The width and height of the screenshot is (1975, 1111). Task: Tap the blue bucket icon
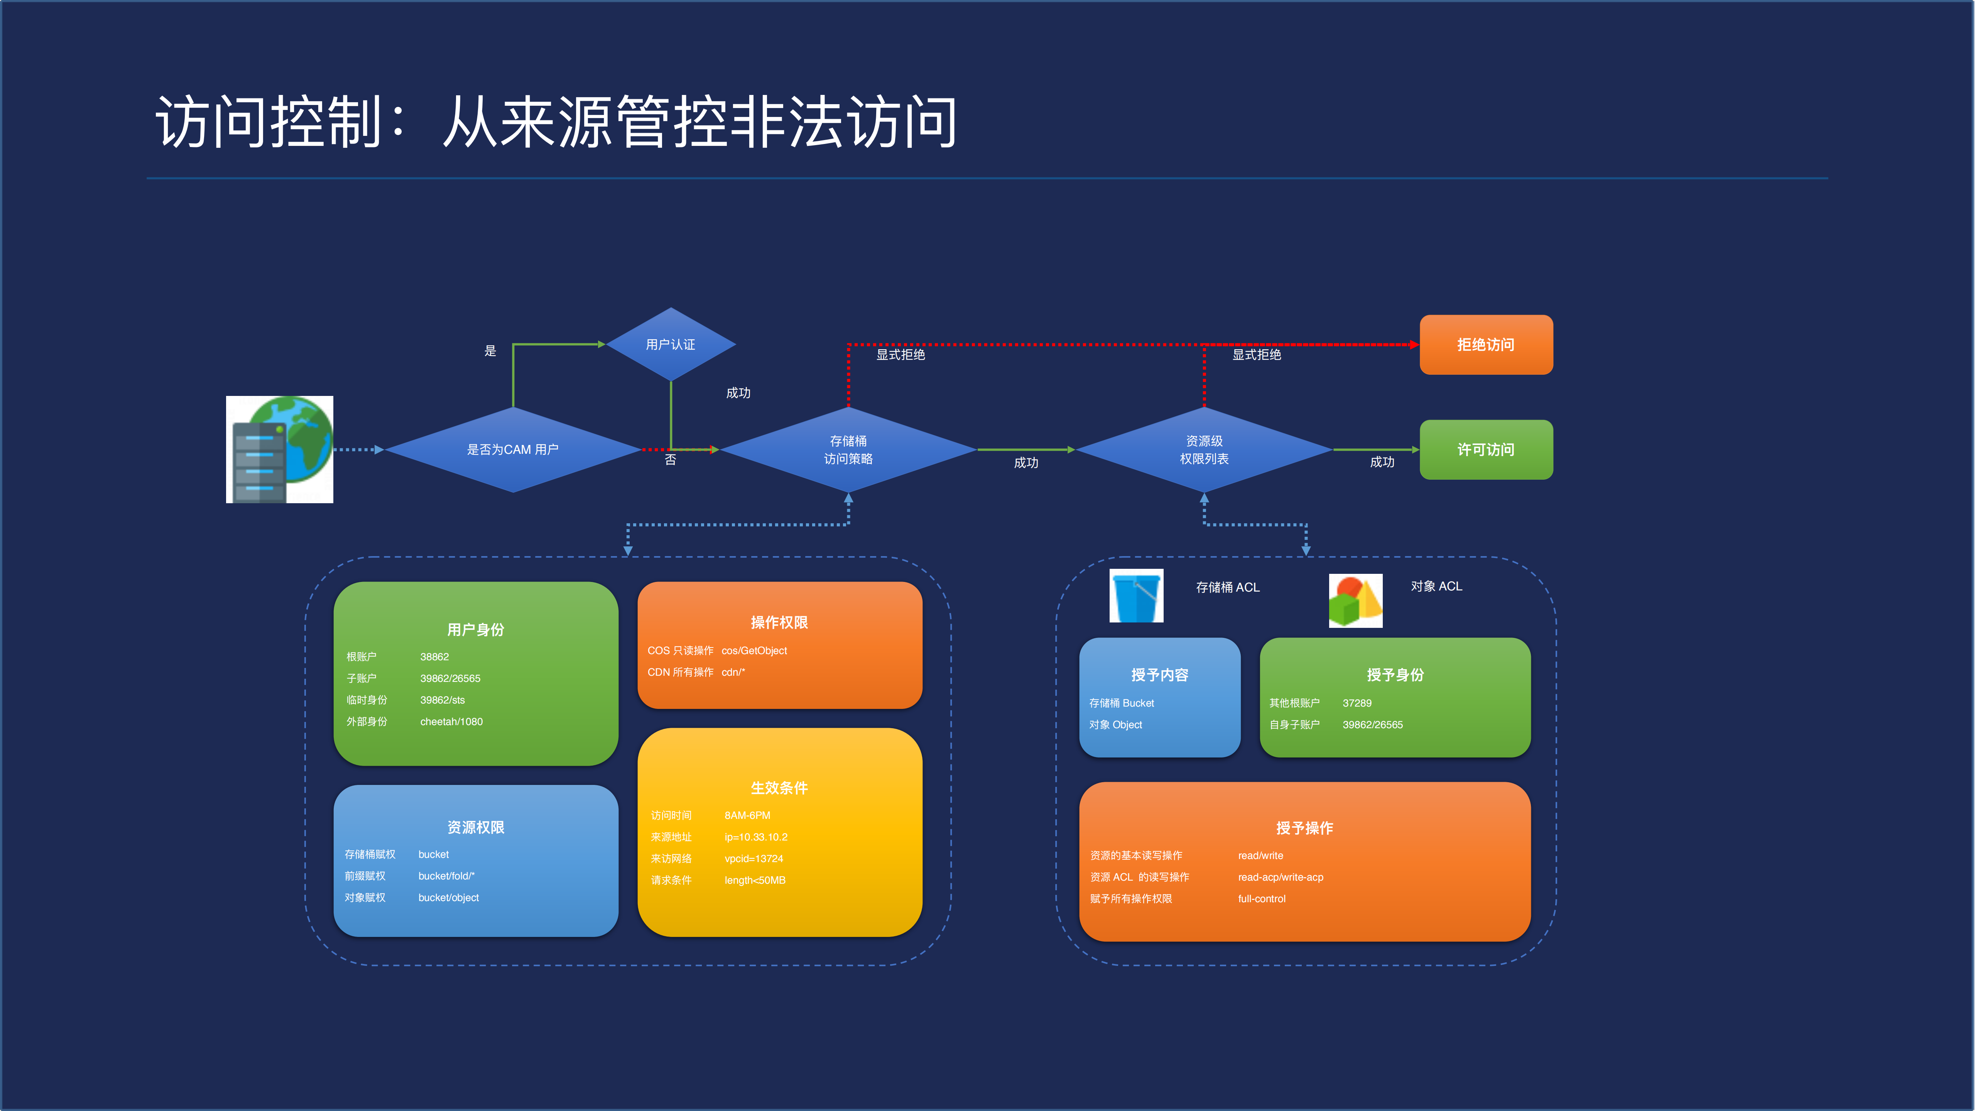[1136, 596]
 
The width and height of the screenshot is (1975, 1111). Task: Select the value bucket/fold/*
[446, 876]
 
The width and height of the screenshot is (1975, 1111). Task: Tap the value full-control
[1261, 899]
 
